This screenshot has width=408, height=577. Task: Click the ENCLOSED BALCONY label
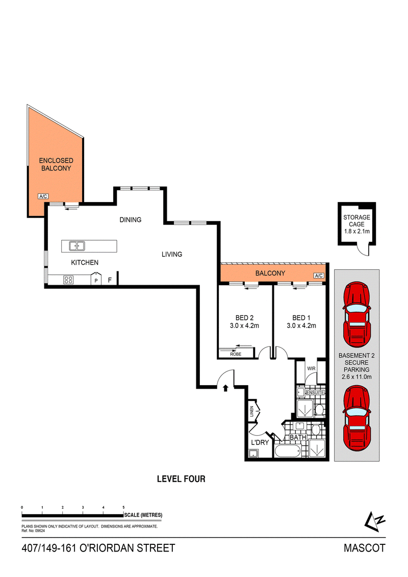pos(56,164)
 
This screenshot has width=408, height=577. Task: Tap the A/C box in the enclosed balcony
pos(43,196)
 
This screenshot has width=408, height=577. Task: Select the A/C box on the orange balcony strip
pos(319,275)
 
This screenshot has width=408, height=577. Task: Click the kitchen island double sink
pos(77,246)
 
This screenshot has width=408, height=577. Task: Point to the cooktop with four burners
pos(68,280)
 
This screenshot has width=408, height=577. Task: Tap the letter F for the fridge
pos(110,281)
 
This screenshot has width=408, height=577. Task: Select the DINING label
pos(130,220)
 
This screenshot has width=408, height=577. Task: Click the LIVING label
pos(172,254)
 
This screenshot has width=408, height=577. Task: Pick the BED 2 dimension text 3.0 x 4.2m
pos(244,325)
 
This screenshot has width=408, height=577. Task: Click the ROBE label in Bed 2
pos(236,354)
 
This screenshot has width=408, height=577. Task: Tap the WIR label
pos(311,368)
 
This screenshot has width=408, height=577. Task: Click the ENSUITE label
pos(315,393)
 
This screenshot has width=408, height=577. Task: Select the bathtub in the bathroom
pos(288,451)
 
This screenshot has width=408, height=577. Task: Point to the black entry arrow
pos(225,388)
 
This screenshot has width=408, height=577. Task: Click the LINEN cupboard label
pos(252,411)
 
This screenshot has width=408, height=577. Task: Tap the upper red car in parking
pos(356,315)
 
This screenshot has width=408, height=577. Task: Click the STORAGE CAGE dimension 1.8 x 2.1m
pos(357,232)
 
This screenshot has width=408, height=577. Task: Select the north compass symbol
pos(374,521)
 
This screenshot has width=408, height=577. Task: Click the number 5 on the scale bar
pos(123,508)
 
